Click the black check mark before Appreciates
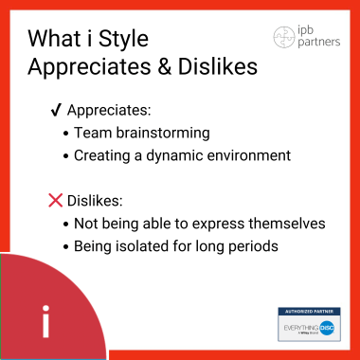[55, 112]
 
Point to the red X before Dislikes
[56, 201]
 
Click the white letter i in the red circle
[45, 321]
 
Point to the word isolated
[170, 245]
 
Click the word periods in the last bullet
[255, 245]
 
